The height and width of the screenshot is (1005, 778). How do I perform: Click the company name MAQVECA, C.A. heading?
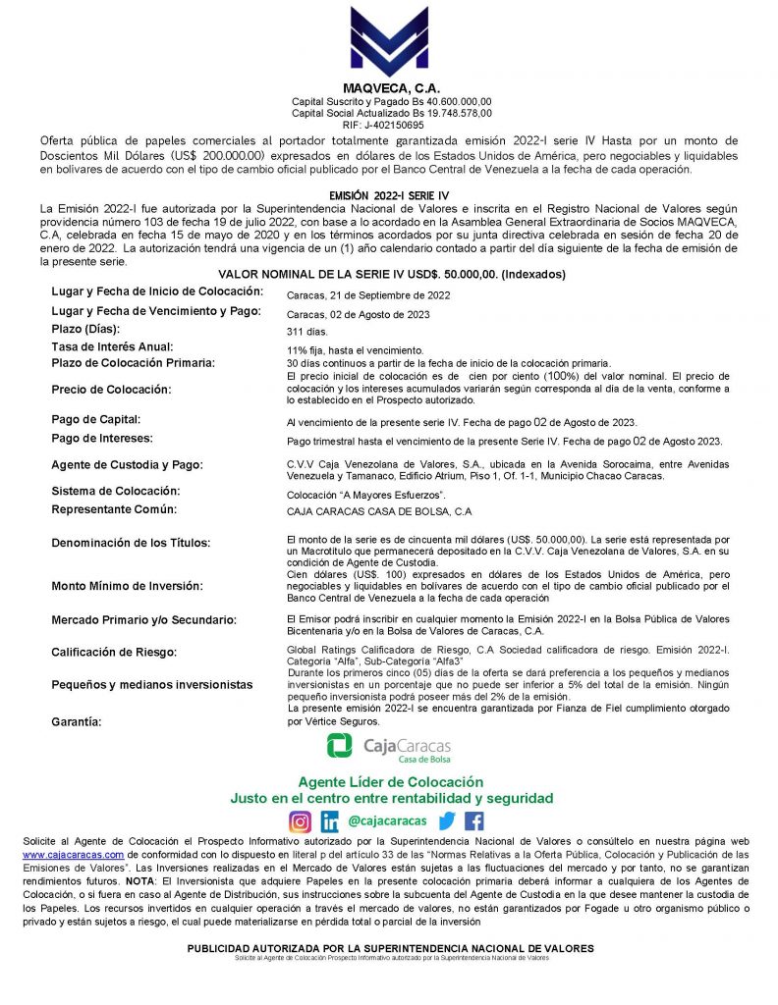[390, 89]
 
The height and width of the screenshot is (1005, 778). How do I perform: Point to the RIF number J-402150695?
[391, 125]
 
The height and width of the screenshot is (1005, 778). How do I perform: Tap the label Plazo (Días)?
[94, 329]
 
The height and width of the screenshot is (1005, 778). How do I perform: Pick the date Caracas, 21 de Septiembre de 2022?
[368, 295]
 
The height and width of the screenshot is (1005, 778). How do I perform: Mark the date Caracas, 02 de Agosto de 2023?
[358, 314]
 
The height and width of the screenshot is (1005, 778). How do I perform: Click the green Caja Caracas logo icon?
[340, 747]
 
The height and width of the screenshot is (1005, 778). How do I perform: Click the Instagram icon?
[300, 821]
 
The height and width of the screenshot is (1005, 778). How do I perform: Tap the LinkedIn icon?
[330, 821]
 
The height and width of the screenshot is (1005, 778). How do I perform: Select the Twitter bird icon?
[447, 821]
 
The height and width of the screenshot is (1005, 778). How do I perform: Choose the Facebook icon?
[474, 821]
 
